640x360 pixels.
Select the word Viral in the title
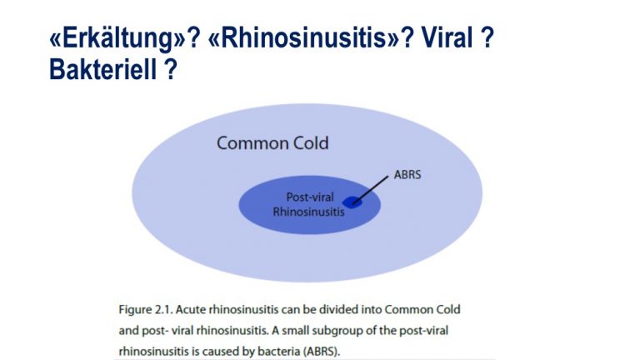(446, 37)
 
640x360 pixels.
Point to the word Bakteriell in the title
(102, 69)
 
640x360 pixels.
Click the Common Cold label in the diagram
(272, 143)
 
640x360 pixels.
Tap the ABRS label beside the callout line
(407, 175)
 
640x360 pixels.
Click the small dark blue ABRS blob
(352, 202)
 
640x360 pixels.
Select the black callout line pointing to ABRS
(370, 190)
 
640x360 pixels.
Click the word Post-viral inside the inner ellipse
(310, 197)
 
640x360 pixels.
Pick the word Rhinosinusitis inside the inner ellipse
(308, 212)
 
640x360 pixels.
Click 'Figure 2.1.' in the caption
(146, 309)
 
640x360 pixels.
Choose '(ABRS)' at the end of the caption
(322, 352)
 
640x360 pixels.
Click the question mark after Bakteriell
(171, 69)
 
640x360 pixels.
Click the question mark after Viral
(487, 37)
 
